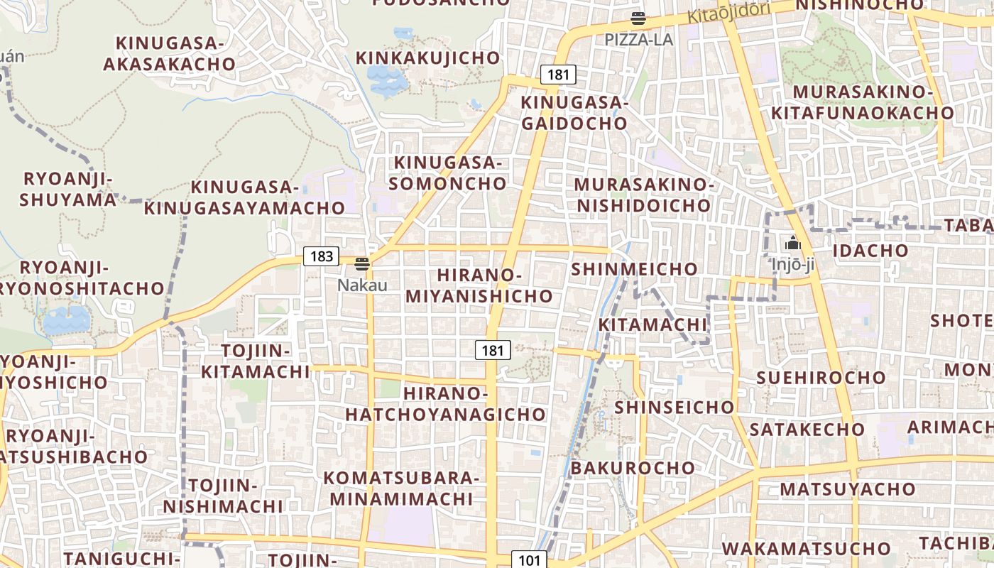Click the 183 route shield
click(x=322, y=256)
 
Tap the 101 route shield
click(x=530, y=560)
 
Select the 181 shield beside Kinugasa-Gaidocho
click(x=558, y=74)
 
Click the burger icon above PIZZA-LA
click(x=638, y=18)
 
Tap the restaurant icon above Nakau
click(x=362, y=264)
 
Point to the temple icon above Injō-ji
click(x=792, y=244)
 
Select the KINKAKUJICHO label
click(x=428, y=58)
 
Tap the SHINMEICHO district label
click(x=634, y=269)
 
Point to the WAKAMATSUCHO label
click(x=807, y=549)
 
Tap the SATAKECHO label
click(x=807, y=430)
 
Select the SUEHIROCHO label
click(x=821, y=377)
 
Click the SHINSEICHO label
click(x=674, y=408)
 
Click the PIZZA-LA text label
click(x=638, y=40)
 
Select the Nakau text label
click(x=362, y=285)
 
